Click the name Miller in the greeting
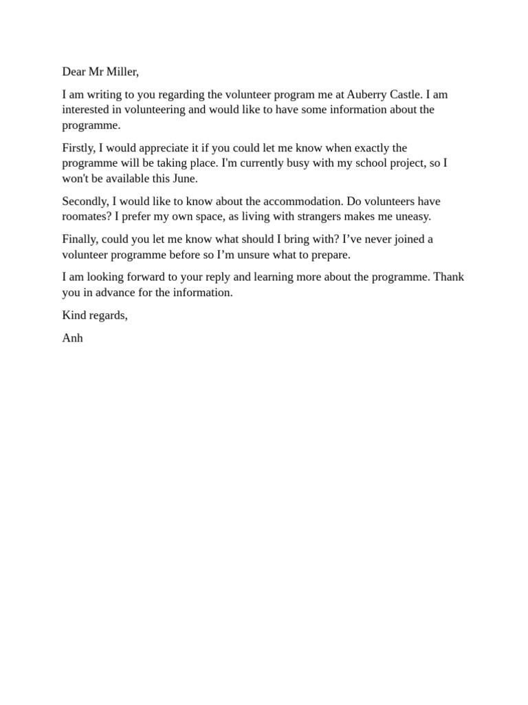point(122,72)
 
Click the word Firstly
point(78,148)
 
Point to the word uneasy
point(412,216)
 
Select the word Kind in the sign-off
point(74,315)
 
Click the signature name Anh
point(72,338)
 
